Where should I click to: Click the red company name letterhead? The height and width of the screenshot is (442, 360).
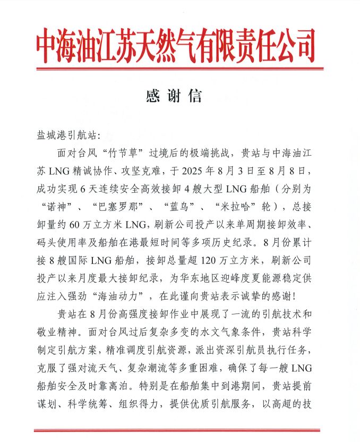coord(175,46)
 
